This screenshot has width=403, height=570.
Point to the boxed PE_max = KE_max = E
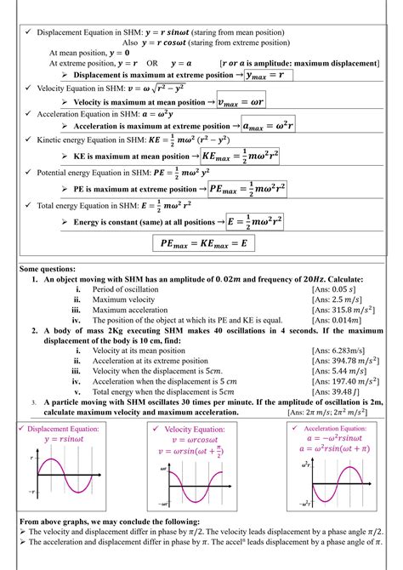[x=207, y=242]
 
